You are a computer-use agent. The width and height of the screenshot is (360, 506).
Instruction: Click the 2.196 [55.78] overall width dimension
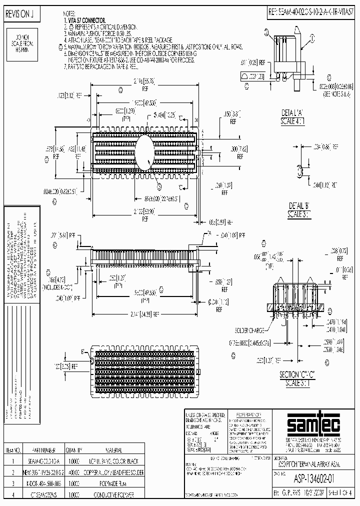coord(145,83)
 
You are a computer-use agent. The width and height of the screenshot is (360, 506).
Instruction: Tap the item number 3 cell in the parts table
coord(18,483)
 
